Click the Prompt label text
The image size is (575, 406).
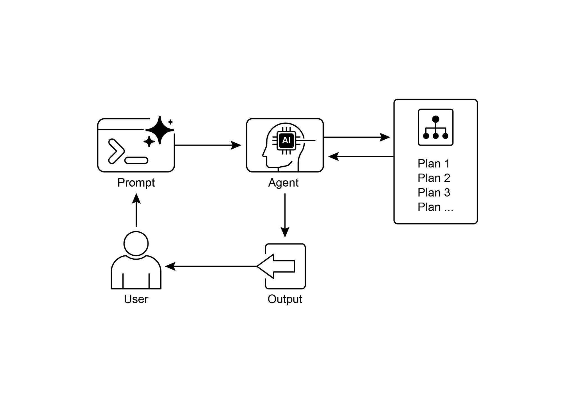click(136, 183)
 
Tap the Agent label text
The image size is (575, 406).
click(283, 183)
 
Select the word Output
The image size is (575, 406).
click(285, 299)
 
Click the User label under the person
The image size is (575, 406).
click(136, 299)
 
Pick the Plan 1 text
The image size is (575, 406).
click(433, 164)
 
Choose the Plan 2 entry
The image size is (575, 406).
click(434, 178)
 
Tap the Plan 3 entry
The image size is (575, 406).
click(434, 193)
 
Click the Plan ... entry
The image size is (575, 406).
click(435, 207)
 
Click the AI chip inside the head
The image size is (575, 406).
click(286, 140)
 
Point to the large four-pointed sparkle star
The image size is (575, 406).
click(159, 130)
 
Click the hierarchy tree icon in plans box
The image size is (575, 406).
click(435, 127)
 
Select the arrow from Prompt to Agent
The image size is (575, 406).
click(208, 145)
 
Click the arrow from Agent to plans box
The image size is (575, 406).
click(357, 137)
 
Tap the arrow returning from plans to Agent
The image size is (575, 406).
click(361, 156)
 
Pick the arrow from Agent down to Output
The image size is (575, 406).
click(285, 215)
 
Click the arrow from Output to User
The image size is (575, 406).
click(211, 266)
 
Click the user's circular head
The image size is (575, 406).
click(136, 244)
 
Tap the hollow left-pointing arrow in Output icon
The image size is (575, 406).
click(277, 266)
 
